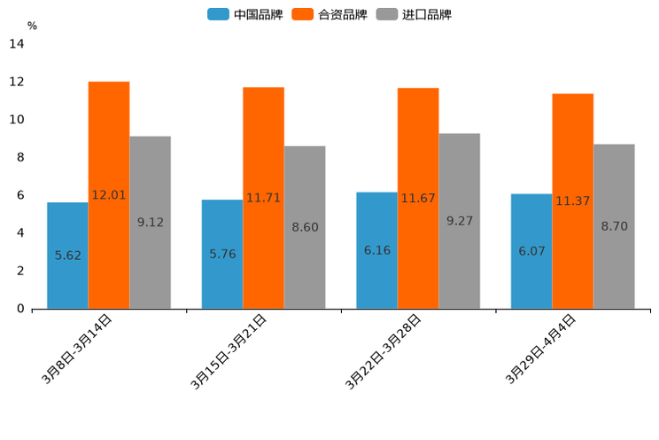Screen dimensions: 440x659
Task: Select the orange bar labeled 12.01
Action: [109, 195]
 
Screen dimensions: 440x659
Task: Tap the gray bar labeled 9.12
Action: [150, 223]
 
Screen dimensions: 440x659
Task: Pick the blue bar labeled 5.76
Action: [222, 254]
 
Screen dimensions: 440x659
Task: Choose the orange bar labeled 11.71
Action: [263, 198]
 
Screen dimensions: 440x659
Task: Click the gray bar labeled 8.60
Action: [305, 227]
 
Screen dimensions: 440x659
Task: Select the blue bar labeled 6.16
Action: [376, 250]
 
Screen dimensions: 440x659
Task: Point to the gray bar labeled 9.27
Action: [459, 221]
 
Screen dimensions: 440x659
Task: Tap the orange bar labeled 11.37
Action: [572, 201]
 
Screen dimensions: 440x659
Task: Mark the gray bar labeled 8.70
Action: [614, 226]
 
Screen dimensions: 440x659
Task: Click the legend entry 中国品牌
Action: [245, 14]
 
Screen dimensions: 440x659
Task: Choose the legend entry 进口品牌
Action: [415, 14]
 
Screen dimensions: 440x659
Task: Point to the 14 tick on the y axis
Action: [17, 44]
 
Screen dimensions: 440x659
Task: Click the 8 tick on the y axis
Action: [20, 158]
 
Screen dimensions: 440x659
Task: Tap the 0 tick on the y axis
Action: [20, 309]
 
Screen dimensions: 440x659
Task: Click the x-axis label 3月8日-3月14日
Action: [78, 349]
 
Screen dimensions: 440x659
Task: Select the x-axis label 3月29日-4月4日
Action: [542, 349]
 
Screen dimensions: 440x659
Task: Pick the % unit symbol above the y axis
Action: [32, 26]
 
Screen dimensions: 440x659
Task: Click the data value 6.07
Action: [531, 251]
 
